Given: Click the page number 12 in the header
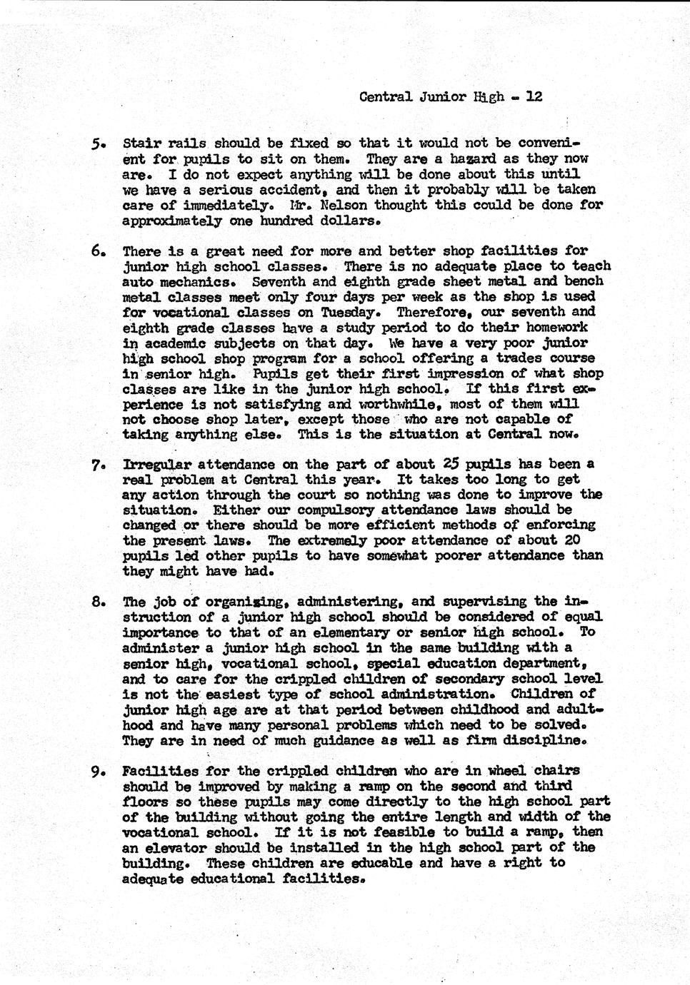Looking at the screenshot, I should pyautogui.click(x=534, y=96).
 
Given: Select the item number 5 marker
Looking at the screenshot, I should pyautogui.click(x=98, y=143).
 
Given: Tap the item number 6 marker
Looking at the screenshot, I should pyautogui.click(x=98, y=251).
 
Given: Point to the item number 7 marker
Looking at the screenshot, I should pyautogui.click(x=98, y=465).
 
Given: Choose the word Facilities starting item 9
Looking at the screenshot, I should pyautogui.click(x=161, y=771).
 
